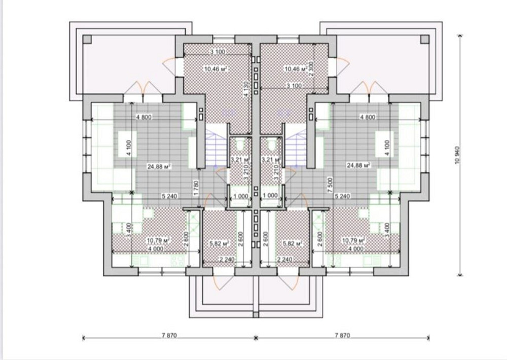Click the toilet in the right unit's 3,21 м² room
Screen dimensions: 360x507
tap(272, 145)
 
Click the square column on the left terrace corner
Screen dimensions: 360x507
tap(86, 39)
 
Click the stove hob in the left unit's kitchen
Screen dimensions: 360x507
tap(177, 261)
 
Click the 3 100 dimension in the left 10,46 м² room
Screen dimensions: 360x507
tap(218, 51)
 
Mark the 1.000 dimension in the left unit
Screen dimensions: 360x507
tap(240, 195)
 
